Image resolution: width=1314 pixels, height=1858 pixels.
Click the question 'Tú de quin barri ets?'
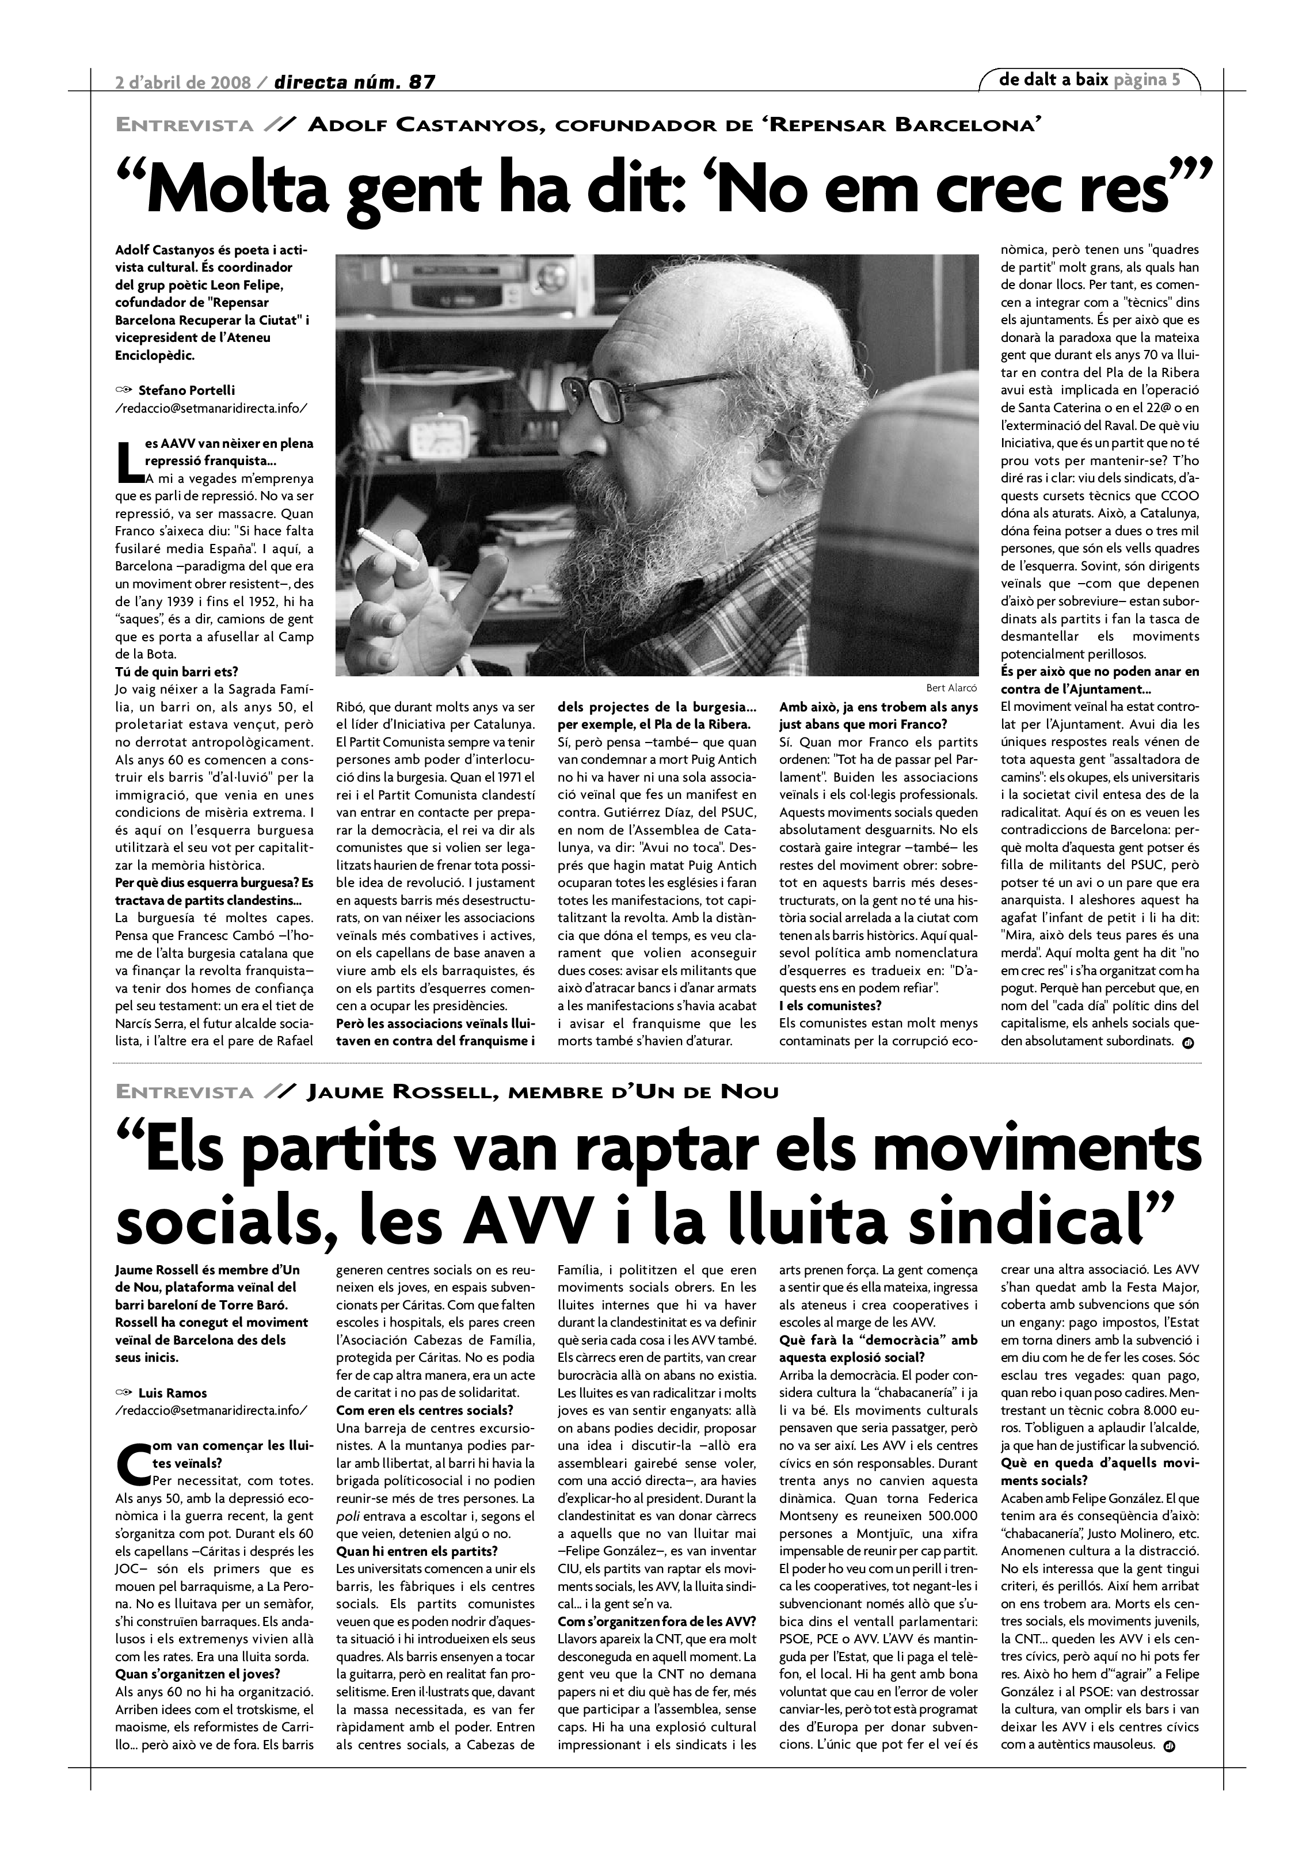[x=177, y=672]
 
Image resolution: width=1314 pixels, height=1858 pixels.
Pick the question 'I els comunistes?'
[x=830, y=1006]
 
